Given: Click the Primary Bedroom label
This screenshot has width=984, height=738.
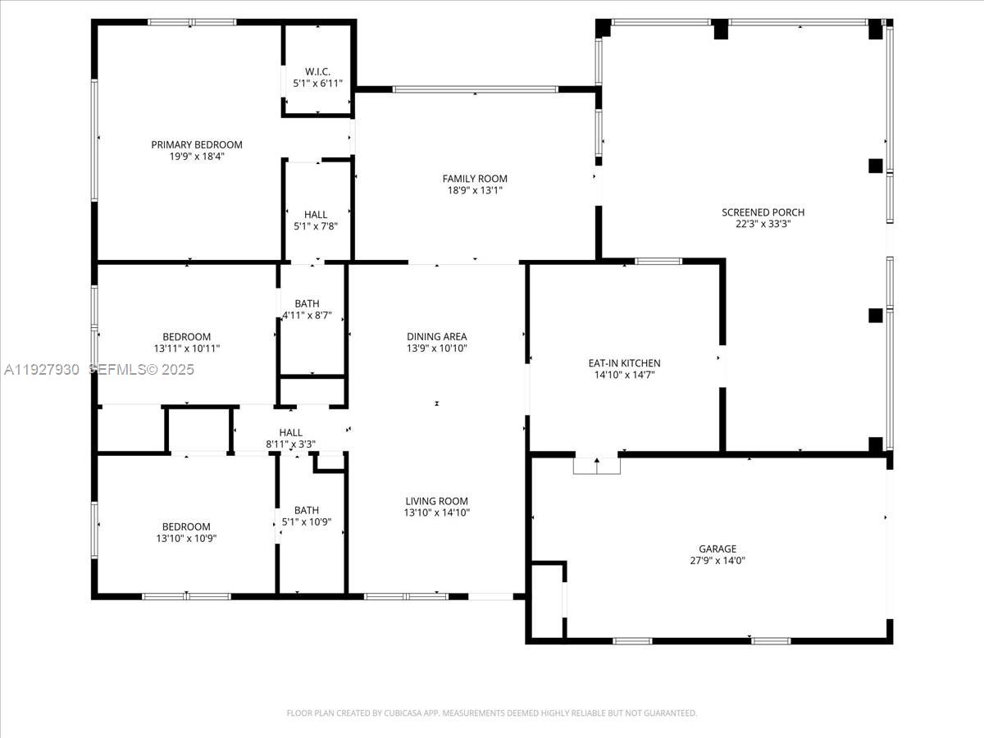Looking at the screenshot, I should [x=197, y=144].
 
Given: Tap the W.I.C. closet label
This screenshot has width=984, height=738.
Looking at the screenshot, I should [x=317, y=71].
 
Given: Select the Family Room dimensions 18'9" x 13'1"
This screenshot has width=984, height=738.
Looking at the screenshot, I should [x=475, y=190].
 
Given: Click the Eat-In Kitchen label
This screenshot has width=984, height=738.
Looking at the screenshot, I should [x=624, y=363].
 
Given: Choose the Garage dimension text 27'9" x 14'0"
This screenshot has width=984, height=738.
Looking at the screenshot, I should [x=717, y=561].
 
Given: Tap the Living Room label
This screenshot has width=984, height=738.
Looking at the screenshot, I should [x=436, y=501].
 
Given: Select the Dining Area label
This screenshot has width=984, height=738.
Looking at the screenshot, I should [x=436, y=336].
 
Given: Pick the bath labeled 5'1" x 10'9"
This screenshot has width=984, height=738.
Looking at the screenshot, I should [x=307, y=515].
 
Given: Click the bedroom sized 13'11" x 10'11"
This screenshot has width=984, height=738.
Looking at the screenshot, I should [x=186, y=343].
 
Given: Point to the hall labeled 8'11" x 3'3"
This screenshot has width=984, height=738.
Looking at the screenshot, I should [x=290, y=438].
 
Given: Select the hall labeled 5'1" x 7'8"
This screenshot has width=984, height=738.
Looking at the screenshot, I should [x=315, y=221].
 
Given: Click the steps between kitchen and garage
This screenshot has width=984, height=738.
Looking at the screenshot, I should [x=596, y=465].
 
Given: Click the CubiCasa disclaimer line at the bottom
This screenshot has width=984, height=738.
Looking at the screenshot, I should [x=492, y=713].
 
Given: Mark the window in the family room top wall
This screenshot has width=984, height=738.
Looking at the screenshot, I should [x=476, y=89].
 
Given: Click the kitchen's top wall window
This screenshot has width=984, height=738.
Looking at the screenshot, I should [x=658, y=262].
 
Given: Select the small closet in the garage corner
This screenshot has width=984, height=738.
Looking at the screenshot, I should [x=547, y=599].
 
